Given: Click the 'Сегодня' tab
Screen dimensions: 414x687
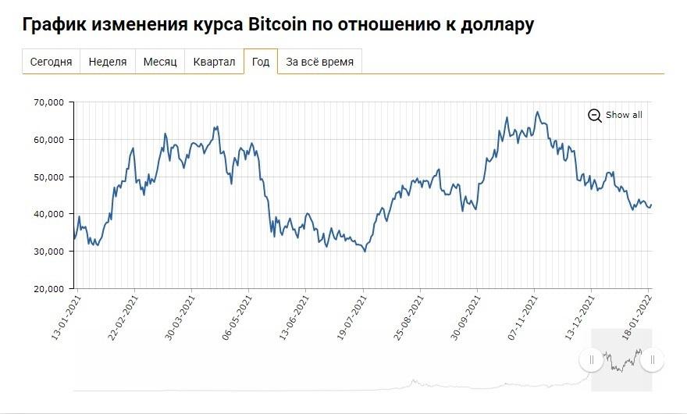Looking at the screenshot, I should (x=51, y=62).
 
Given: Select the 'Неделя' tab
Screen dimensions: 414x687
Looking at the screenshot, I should (x=108, y=62).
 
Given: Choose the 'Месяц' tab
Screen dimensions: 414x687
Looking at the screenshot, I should (x=160, y=62).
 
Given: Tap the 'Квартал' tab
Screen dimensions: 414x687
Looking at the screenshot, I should (x=214, y=62).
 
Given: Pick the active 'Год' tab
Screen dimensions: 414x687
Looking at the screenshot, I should (x=261, y=62).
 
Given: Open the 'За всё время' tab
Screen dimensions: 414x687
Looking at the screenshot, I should (x=320, y=62).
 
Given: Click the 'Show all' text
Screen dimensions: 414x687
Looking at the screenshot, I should (x=624, y=115).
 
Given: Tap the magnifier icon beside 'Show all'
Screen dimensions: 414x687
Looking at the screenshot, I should (x=595, y=116).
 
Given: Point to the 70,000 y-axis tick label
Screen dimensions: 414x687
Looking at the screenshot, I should (x=48, y=102).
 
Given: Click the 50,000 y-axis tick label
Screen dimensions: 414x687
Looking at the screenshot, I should (x=48, y=177).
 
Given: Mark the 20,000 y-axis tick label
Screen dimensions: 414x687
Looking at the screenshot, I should (x=48, y=289).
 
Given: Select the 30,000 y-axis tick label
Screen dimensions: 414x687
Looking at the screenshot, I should (x=48, y=252).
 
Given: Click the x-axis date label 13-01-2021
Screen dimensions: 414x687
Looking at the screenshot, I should (x=66, y=316).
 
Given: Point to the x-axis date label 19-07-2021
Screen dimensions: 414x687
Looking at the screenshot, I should (x=353, y=316).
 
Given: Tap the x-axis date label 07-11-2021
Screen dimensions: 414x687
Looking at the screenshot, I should (x=525, y=316).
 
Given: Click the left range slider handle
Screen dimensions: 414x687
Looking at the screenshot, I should (x=590, y=359).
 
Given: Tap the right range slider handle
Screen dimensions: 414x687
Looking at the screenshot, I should (x=652, y=359).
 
